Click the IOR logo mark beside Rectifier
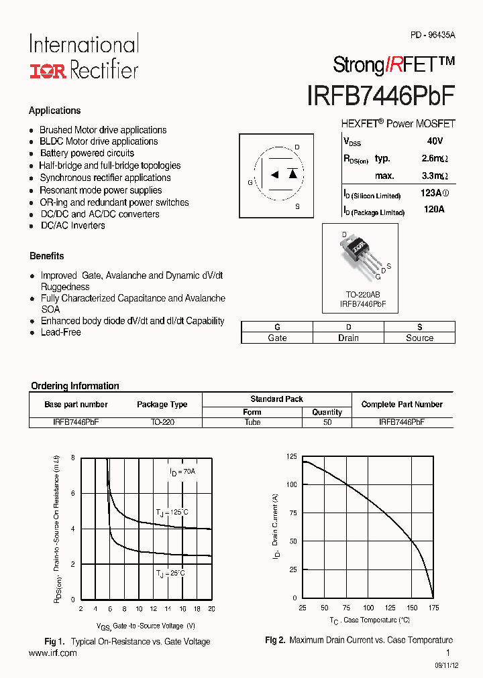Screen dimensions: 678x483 coord(47,71)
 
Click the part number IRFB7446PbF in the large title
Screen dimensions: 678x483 coord(380,96)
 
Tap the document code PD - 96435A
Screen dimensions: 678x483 coord(433,35)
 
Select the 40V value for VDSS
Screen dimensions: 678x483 coord(434,141)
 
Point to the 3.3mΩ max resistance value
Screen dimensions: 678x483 coord(435,176)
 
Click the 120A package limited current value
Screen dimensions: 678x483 coord(434,210)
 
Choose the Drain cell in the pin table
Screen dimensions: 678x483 coord(348,338)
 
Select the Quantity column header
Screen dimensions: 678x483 coord(327,412)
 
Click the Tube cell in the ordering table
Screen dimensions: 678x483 coord(252,423)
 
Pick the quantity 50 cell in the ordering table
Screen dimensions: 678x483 coord(327,423)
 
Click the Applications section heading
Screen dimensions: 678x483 coord(55,111)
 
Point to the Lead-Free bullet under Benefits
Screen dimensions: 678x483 coord(60,332)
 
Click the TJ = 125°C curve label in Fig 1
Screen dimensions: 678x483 coord(172,513)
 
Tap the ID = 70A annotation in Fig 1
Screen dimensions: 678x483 coord(182,472)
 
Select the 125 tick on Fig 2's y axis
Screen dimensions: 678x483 coord(291,456)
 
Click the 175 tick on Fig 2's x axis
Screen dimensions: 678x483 coord(433,608)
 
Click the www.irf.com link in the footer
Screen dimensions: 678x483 coord(53,653)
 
